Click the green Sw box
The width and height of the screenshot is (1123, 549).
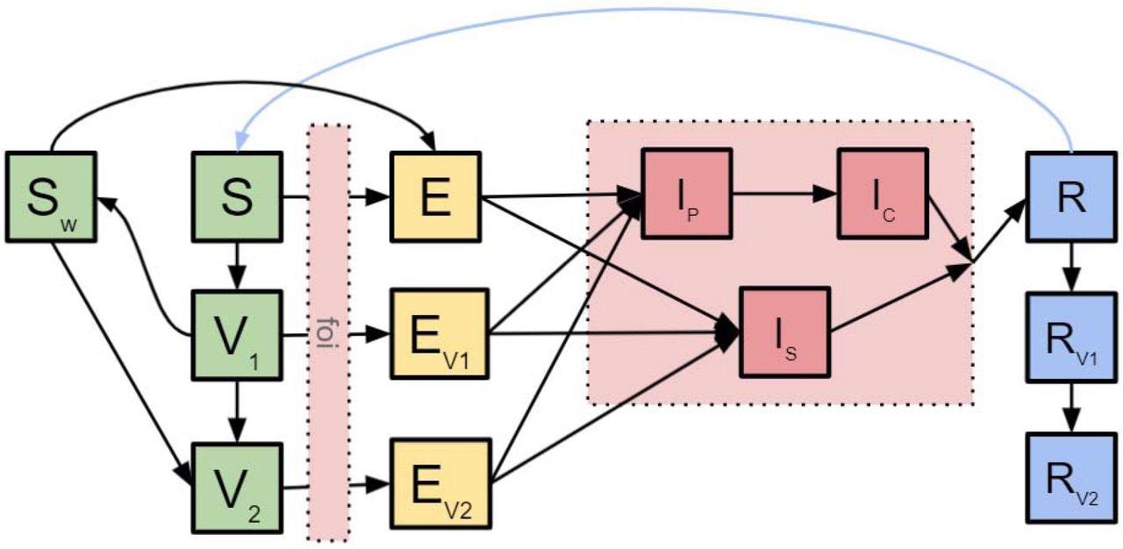(50, 197)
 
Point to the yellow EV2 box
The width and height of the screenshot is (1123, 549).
(436, 487)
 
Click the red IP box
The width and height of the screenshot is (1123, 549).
(686, 193)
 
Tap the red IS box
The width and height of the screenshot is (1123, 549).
(785, 332)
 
